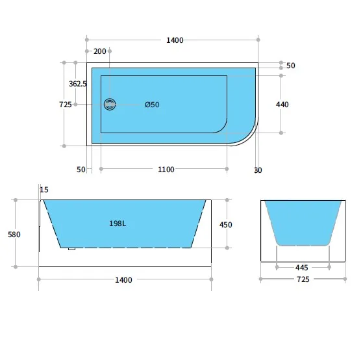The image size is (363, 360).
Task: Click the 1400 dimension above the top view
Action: click(175, 40)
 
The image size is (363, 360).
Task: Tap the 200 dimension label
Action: click(99, 51)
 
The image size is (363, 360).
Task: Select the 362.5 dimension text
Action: click(78, 84)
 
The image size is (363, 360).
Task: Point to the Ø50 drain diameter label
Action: click(152, 105)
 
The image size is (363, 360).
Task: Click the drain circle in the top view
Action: click(110, 104)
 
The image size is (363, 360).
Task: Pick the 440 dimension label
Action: click(282, 105)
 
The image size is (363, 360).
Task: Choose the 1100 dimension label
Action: click(166, 170)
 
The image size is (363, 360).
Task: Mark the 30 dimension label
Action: click(258, 170)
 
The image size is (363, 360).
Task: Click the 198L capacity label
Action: click(118, 224)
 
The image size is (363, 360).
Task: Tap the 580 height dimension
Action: click(14, 235)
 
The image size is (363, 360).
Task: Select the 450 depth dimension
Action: click(225, 225)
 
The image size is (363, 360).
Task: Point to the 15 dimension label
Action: click(44, 190)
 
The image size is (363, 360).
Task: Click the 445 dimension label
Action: click(302, 267)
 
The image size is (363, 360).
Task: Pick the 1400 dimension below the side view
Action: click(123, 280)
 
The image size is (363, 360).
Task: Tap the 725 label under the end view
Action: click(303, 279)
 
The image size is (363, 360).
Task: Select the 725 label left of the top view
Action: click(65, 105)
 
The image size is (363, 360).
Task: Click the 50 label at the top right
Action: click(290, 66)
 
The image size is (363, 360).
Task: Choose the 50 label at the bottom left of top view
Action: click(81, 170)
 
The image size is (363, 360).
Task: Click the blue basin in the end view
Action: click(303, 221)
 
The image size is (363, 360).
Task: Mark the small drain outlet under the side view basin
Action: click(71, 248)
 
